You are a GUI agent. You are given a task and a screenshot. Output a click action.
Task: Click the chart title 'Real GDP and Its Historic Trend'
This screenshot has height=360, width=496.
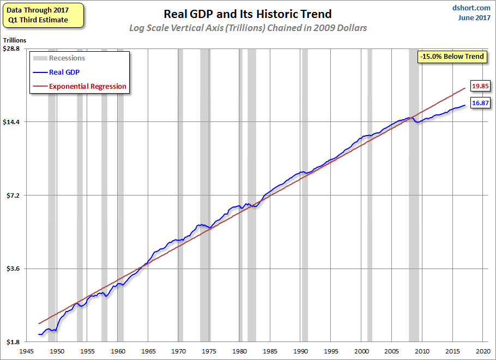click(x=247, y=14)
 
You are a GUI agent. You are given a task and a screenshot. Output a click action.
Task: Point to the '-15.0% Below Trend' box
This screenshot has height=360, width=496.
click(x=452, y=56)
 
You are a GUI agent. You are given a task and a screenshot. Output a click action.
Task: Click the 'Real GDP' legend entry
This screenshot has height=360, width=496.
click(x=64, y=72)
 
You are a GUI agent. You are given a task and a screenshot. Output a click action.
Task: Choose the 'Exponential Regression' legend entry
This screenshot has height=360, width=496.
click(x=87, y=86)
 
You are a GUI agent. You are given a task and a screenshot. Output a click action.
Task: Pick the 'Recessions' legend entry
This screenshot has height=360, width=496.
click(x=66, y=58)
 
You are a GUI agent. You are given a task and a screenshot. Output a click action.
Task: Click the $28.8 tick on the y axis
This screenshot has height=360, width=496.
click(x=11, y=48)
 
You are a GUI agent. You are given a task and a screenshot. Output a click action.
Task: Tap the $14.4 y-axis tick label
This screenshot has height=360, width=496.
click(x=11, y=122)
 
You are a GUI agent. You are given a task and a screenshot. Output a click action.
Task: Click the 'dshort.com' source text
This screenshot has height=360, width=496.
click(x=472, y=8)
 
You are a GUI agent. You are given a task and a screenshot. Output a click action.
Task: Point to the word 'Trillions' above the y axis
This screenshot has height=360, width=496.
click(x=15, y=40)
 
